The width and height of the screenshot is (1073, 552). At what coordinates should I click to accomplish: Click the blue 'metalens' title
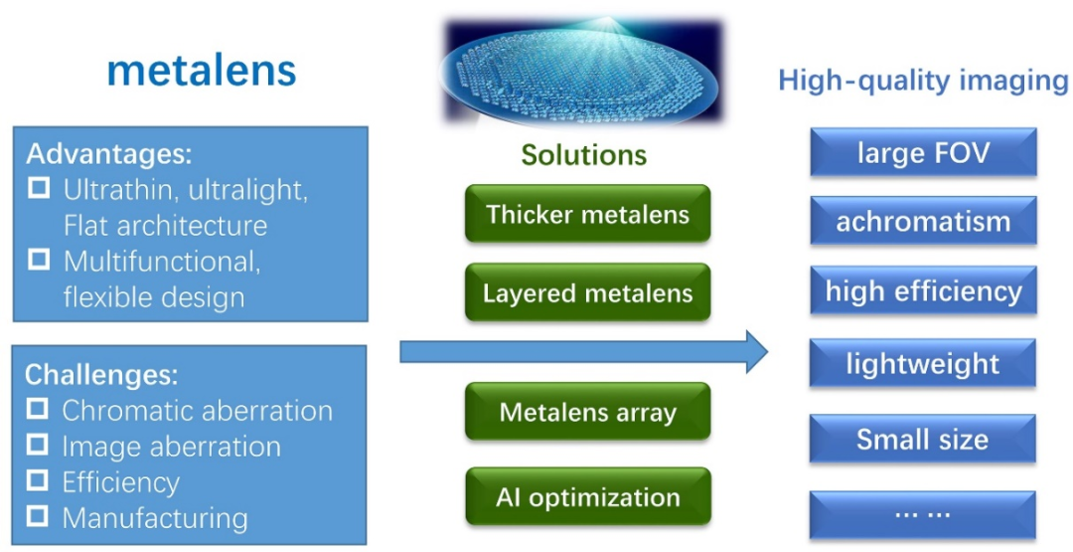coord(201,72)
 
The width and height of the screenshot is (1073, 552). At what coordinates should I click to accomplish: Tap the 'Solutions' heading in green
coord(584,155)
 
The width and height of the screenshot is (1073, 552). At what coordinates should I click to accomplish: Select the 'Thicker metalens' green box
coord(588,214)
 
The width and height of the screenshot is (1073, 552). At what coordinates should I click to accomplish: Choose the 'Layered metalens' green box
coord(588,292)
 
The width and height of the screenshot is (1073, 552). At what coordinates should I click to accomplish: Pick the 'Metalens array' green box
coord(588,411)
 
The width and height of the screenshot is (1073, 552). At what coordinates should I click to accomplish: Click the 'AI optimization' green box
coord(588,496)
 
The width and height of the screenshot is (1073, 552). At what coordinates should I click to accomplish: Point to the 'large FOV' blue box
coord(923,152)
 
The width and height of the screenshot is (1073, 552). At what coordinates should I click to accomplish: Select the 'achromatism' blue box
coord(923,221)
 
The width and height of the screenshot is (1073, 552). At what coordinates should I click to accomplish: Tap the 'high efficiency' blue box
coord(923,290)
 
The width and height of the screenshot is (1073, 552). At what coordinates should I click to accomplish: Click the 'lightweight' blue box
coord(922,363)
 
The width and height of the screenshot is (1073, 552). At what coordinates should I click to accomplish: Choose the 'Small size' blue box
coord(922,439)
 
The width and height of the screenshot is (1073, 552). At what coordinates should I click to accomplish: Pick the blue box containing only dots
coord(922,514)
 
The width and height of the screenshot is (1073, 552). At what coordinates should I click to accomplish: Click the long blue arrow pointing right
coord(584,352)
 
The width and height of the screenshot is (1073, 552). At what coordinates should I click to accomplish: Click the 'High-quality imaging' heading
coord(924,81)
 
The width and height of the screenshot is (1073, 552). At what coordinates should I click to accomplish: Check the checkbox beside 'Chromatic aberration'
coord(38,410)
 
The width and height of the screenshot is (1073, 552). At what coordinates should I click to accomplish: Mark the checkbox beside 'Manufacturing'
coord(38,516)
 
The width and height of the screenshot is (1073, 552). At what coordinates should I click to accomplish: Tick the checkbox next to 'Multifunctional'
coord(39,260)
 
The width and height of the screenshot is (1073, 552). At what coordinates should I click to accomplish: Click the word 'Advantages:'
coord(109,154)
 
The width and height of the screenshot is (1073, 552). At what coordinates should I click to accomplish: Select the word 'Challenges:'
coord(101,375)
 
